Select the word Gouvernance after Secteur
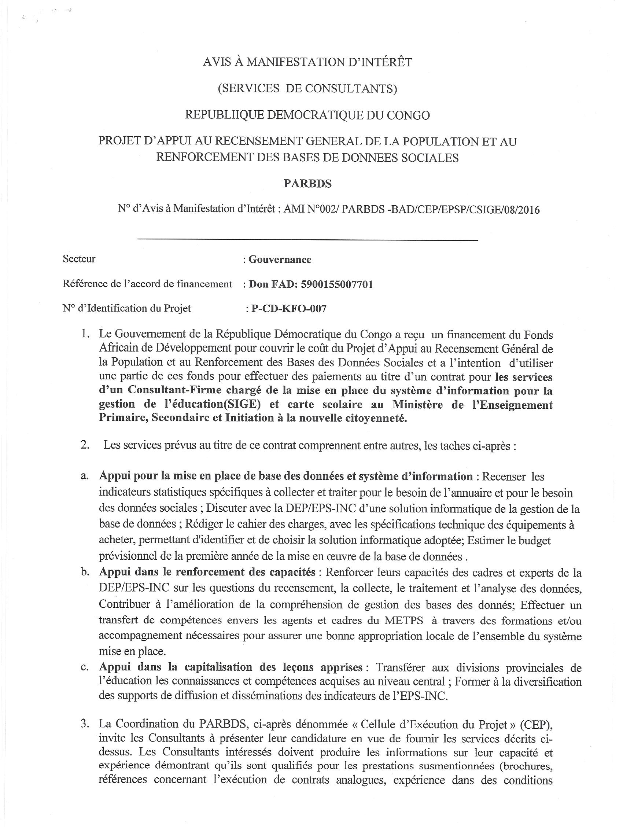280,260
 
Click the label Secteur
79,259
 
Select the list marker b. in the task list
84,572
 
